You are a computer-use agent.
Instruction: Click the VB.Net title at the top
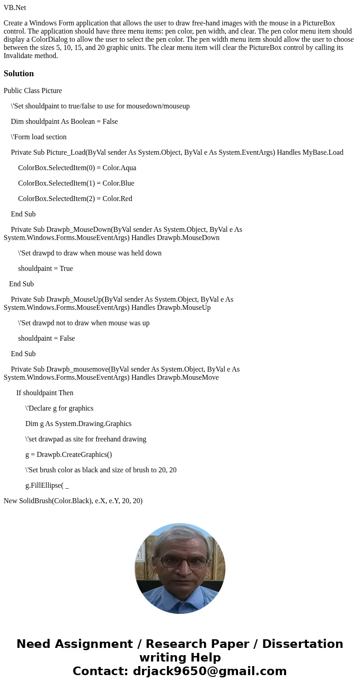click(15, 8)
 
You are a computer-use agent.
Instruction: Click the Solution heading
click(19, 74)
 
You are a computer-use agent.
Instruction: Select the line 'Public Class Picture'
click(33, 91)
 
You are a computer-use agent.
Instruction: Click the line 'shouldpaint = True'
click(45, 269)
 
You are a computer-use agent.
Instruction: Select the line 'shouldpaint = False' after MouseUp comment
click(46, 338)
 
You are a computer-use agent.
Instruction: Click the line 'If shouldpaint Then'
click(44, 393)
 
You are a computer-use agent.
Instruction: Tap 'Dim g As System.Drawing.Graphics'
click(78, 424)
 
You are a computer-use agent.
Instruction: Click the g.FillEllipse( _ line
click(47, 485)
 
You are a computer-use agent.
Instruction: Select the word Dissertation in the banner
click(302, 644)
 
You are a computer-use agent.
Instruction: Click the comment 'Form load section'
click(39, 137)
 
